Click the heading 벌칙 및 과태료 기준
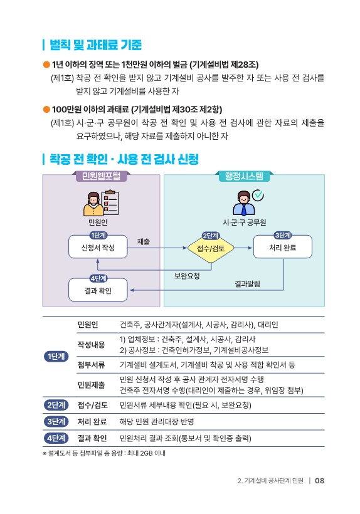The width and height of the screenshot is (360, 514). pos(95,45)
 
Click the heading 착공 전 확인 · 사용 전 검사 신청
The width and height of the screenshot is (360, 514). pos(124,159)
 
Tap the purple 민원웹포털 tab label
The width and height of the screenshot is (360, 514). pos(101,176)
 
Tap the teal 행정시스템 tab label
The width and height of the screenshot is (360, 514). pos(244,176)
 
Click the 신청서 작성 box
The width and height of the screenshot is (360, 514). pos(98,247)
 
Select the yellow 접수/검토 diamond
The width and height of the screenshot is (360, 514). pos(211,248)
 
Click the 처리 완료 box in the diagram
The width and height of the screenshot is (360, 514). pos(283,247)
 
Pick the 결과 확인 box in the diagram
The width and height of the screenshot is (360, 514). pos(98,290)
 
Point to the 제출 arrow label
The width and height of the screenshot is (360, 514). pos(144,241)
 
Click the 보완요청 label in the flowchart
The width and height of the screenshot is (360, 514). pos(187,276)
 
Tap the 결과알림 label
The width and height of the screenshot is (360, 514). pos(248,283)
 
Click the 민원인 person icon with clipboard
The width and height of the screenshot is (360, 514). pos(101,203)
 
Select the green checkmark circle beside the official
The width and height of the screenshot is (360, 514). pos(258,195)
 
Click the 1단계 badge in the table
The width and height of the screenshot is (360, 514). pos(56,356)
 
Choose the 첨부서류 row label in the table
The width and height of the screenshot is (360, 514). pos(91,365)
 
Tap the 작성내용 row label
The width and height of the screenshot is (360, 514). pos(91,345)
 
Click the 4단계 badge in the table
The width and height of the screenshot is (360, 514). pos(56,438)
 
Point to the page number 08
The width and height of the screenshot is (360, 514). pos(319,481)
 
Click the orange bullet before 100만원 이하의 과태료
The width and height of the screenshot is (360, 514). pos(46,109)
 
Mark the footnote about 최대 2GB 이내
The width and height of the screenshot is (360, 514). pos(104,453)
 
